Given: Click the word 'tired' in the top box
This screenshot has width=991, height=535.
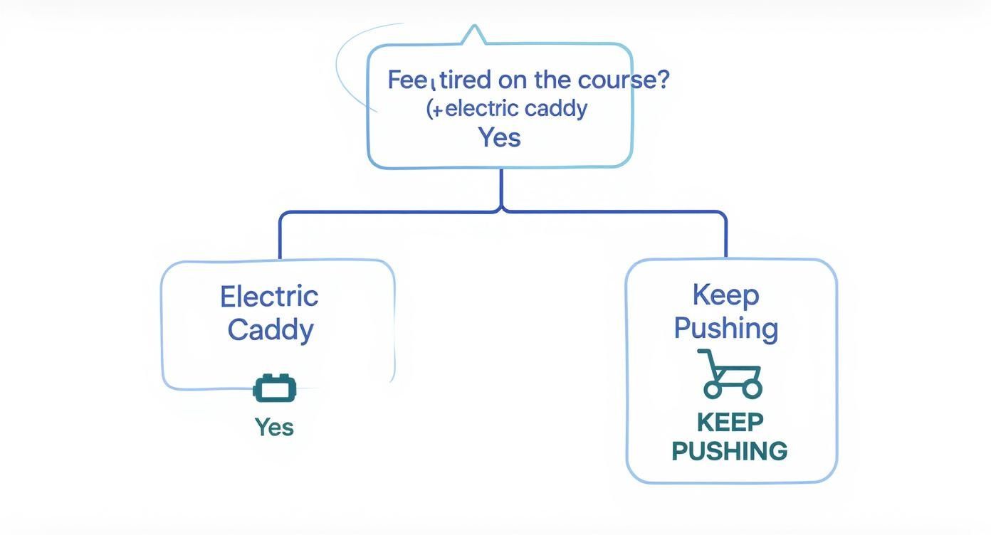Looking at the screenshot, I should click(x=465, y=80).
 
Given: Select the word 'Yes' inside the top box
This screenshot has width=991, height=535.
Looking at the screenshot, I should click(x=499, y=137).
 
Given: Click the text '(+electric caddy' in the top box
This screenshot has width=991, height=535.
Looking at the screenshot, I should click(x=507, y=109).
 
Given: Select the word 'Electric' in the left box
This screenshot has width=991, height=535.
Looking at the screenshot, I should click(x=269, y=296).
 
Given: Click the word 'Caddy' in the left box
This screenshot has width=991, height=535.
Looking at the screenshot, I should click(x=271, y=329).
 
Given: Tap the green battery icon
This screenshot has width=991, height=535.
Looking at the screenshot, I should click(x=275, y=388).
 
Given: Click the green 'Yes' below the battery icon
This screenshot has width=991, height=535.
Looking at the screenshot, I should click(x=274, y=427).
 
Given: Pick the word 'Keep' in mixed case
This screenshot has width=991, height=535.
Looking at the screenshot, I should click(x=725, y=295).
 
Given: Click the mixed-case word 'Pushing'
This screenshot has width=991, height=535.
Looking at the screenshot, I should click(x=725, y=328).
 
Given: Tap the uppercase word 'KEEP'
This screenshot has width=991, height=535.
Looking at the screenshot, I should click(x=730, y=422).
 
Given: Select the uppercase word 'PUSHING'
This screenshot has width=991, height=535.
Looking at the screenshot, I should click(x=730, y=451).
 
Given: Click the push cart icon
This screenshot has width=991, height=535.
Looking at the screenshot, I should click(x=730, y=374).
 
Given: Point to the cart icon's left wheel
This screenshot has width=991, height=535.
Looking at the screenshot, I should click(x=713, y=389).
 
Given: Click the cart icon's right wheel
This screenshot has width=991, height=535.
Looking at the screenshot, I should click(x=752, y=389).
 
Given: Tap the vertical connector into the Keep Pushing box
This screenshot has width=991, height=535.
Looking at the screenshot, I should click(x=726, y=237).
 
